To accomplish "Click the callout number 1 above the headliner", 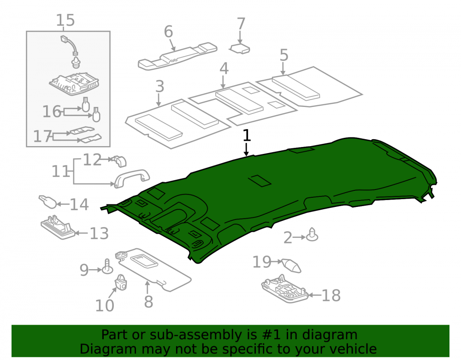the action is [247, 136].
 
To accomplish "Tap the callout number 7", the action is [241, 24].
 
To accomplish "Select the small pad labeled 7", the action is [240, 48].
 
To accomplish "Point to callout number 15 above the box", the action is [65, 20].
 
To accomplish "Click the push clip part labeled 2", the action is [312, 235].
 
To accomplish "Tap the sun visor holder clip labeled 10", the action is [120, 282].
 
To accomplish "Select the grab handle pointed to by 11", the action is [131, 177].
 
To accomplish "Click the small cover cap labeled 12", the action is [120, 161].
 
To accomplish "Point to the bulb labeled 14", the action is [47, 201].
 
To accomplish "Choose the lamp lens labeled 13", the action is [58, 227].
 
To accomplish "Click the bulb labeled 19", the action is [291, 266].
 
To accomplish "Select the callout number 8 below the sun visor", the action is [148, 301].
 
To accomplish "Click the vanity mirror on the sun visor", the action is [144, 261].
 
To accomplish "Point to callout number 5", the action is [284, 55].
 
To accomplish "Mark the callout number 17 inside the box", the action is [42, 136].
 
